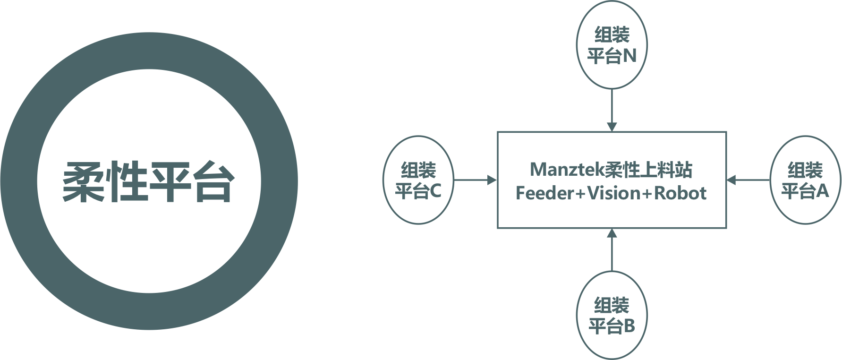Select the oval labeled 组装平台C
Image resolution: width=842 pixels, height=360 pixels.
tap(418, 180)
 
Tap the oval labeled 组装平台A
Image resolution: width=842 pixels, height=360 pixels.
tap(805, 180)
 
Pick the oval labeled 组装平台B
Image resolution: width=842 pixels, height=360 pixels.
tap(612, 315)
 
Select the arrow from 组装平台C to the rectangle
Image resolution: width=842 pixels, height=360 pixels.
tap(475, 180)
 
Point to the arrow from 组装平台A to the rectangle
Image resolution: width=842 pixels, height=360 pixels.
tap(748, 180)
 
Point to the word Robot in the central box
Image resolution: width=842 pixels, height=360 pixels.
tap(680, 193)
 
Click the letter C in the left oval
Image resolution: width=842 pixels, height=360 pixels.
tap(435, 191)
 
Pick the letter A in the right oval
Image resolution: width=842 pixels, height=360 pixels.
tap(822, 191)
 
